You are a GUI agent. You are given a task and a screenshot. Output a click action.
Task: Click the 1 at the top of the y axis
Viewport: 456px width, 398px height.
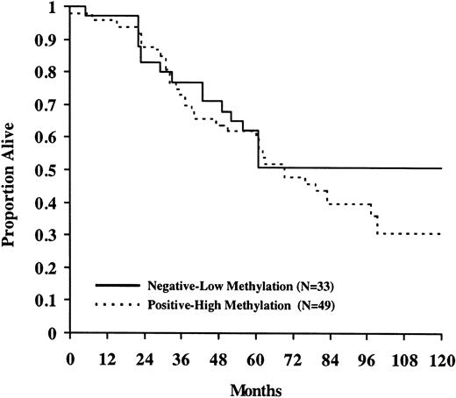click(56, 8)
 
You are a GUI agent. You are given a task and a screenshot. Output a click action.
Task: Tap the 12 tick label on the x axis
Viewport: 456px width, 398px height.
click(107, 359)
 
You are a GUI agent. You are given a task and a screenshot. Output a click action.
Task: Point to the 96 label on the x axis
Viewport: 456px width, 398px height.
click(367, 359)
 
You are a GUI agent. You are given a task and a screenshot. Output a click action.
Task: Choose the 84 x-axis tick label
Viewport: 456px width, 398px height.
click(330, 359)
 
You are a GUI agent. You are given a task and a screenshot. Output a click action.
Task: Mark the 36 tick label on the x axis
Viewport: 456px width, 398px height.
click(182, 359)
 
